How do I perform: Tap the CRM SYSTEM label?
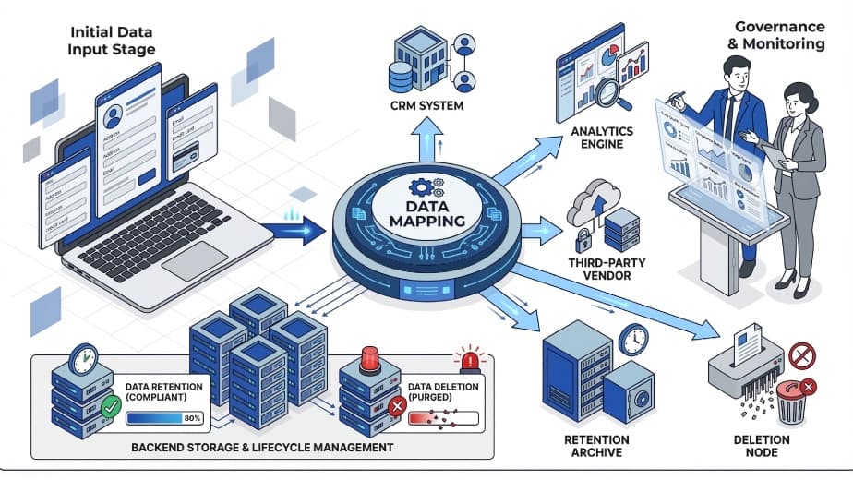pyautogui.click(x=426, y=105)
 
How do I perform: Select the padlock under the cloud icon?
pyautogui.click(x=583, y=241)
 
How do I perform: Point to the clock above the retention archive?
pyautogui.click(x=633, y=340)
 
